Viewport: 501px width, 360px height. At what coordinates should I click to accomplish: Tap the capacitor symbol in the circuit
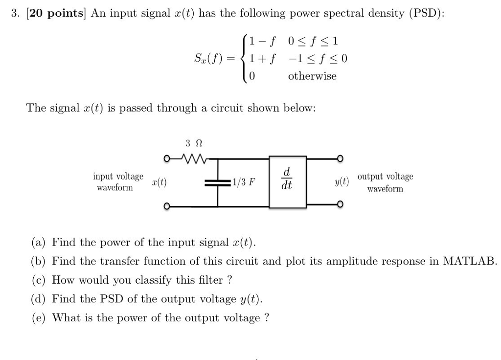click(x=217, y=183)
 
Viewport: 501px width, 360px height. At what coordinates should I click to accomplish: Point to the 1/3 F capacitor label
click(x=243, y=183)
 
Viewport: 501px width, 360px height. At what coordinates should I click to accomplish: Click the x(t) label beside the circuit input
click(x=159, y=182)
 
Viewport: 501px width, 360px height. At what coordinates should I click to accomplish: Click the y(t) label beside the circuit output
click(x=342, y=182)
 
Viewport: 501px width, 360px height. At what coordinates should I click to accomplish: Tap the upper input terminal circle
click(x=167, y=158)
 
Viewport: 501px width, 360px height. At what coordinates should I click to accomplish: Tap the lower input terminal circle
click(x=167, y=206)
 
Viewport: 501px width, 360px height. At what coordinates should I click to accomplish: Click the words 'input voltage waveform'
click(x=118, y=182)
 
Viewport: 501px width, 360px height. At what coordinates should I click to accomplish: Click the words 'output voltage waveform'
click(x=385, y=182)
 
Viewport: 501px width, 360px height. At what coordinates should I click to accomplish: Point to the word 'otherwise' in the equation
click(x=312, y=76)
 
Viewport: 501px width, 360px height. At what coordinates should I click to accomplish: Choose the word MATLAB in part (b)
click(x=470, y=261)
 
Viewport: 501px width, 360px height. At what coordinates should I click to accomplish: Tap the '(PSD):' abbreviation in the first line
click(x=427, y=14)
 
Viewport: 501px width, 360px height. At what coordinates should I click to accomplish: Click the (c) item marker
click(x=39, y=280)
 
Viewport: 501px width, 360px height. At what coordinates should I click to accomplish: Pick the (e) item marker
click(x=39, y=318)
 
